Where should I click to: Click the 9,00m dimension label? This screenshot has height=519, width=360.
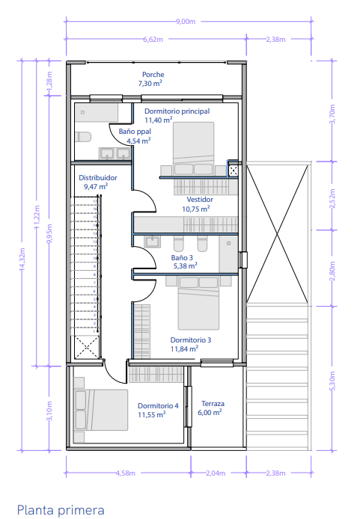(x=186, y=22)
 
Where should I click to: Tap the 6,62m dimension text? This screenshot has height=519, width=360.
(x=153, y=40)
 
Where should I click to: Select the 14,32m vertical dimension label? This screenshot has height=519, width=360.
(x=22, y=259)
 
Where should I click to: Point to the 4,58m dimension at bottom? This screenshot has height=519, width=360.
(x=126, y=473)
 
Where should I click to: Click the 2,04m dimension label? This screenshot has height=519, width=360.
(x=216, y=473)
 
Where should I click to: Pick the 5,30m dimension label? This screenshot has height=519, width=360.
(x=332, y=381)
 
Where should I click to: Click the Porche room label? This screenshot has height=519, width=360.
(x=153, y=75)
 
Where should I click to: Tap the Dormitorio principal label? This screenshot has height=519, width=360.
(x=177, y=111)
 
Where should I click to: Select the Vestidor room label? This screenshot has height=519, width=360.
(x=200, y=199)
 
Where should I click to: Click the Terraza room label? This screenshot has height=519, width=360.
(x=213, y=404)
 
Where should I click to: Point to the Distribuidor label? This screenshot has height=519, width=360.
(x=98, y=178)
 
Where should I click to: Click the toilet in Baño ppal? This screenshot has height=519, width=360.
(x=83, y=137)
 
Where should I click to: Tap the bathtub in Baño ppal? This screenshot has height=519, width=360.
(x=97, y=113)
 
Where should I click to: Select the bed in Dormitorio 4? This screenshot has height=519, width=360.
(x=101, y=410)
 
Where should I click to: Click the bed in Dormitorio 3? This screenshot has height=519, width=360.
(x=198, y=303)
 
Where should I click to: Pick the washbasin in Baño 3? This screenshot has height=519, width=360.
(x=153, y=242)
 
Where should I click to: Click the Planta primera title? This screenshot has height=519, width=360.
(x=61, y=510)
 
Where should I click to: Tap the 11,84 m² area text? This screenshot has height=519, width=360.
(x=184, y=348)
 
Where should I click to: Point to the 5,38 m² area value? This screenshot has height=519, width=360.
(x=186, y=265)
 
